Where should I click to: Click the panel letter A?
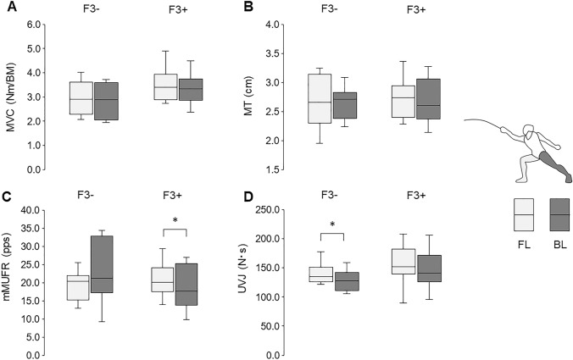(7, 7)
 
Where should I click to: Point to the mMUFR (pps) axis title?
(11, 283)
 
